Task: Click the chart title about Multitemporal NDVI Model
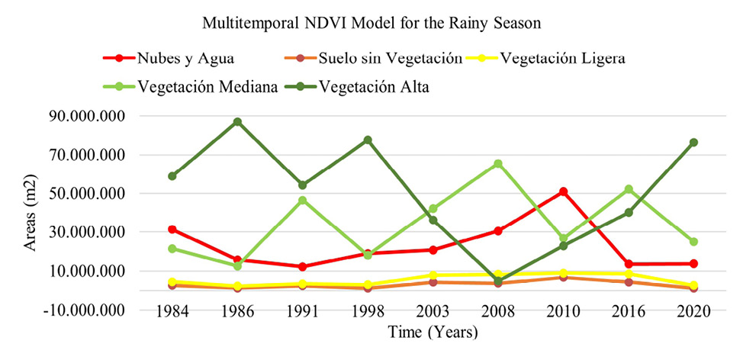click(371, 23)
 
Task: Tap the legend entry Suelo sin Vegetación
click(388, 59)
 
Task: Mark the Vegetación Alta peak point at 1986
click(238, 121)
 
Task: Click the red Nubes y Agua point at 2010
click(563, 191)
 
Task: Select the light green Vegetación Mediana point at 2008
click(497, 164)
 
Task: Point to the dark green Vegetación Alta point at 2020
click(693, 143)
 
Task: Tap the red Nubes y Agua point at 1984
click(172, 229)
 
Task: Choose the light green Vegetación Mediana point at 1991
click(303, 201)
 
